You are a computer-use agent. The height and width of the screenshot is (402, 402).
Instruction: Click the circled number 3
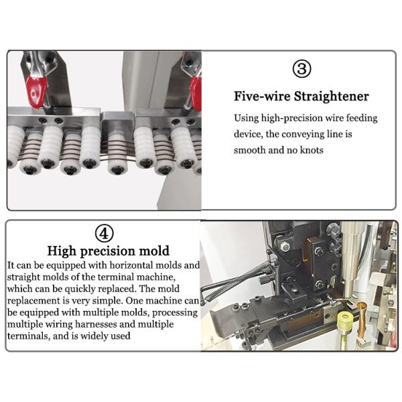click(x=301, y=69)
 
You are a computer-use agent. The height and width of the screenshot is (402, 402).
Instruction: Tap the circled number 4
click(x=104, y=232)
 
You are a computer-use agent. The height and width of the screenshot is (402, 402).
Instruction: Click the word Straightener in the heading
click(x=331, y=96)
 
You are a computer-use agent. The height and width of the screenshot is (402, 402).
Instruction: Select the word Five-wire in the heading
click(x=262, y=96)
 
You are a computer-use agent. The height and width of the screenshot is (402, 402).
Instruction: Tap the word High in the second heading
click(x=62, y=251)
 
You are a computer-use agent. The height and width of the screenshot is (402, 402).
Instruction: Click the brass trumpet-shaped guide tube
click(x=362, y=320)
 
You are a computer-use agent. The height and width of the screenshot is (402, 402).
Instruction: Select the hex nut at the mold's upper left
click(x=284, y=247)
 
